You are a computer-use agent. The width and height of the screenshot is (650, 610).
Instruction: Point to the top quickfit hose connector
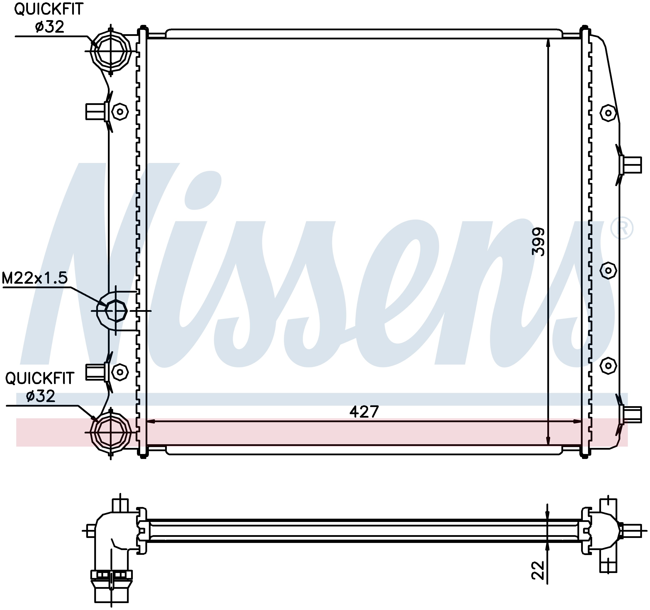click(x=110, y=51)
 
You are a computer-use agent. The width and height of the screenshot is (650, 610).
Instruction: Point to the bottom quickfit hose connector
click(x=110, y=433)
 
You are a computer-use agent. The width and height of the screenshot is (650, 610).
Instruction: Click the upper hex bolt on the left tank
click(x=120, y=112)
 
